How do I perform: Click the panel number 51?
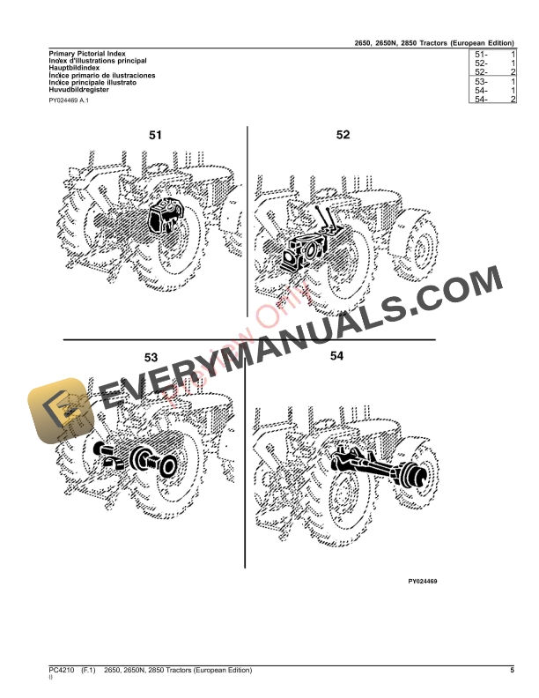tap(155, 136)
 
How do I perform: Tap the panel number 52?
tap(343, 135)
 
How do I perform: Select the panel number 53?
tap(151, 357)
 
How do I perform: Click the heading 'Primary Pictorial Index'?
tap(80, 55)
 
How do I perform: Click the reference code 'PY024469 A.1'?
tap(69, 101)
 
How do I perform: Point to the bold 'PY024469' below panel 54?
tap(423, 581)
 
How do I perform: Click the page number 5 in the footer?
tap(511, 672)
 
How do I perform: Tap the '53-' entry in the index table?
tap(481, 82)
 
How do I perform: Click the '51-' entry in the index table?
tap(481, 55)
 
